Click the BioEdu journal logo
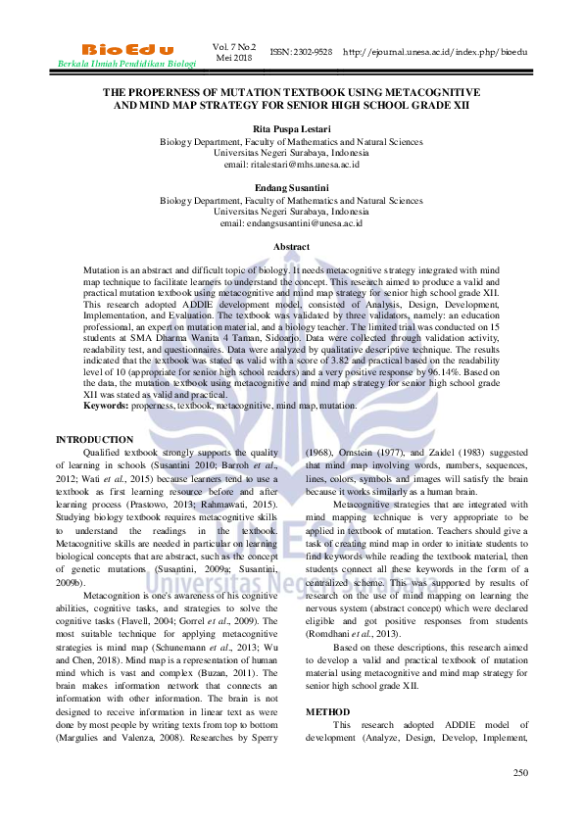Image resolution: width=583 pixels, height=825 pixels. pyautogui.click(x=127, y=49)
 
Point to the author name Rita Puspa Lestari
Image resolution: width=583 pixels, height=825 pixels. pyautogui.click(x=291, y=128)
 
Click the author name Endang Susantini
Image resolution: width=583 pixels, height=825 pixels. pyautogui.click(x=291, y=187)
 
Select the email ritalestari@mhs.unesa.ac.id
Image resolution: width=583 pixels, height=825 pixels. pyautogui.click(x=291, y=165)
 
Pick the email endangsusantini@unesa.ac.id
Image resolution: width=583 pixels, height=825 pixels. pyautogui.click(x=291, y=223)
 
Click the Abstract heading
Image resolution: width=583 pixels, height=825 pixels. pyautogui.click(x=291, y=247)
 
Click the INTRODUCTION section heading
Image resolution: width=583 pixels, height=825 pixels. pyautogui.click(x=95, y=440)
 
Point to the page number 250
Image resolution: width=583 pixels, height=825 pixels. pyautogui.click(x=520, y=773)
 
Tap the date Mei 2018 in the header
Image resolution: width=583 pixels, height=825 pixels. pyautogui.click(x=234, y=57)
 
